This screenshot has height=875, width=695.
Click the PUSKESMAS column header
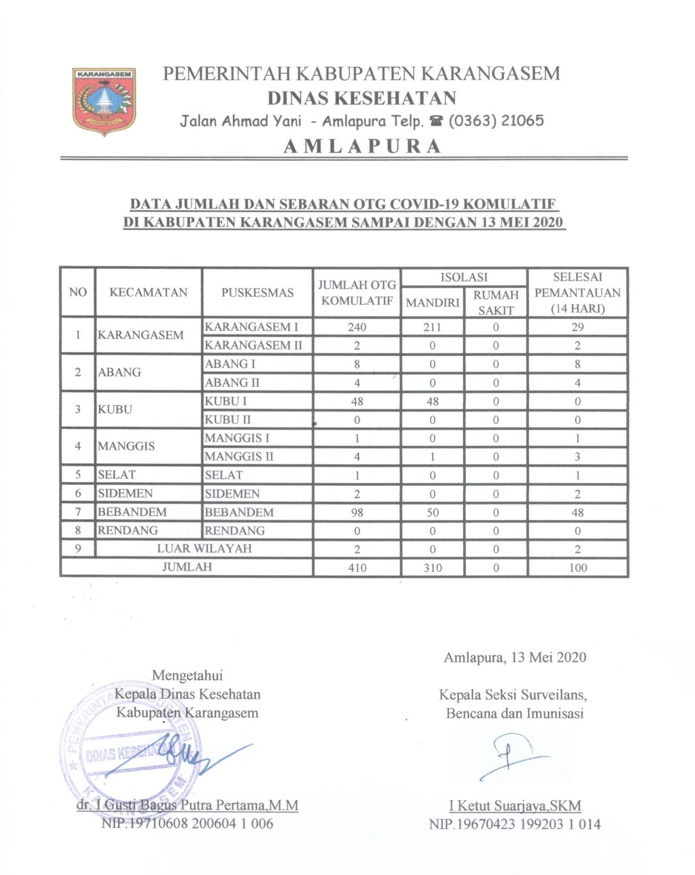257,293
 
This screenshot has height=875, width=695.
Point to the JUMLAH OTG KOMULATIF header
357,293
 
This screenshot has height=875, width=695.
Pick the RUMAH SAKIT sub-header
496,302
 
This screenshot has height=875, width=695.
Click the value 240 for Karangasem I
357,327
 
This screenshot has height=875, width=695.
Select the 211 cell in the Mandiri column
432,327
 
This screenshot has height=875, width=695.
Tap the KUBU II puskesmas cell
228,419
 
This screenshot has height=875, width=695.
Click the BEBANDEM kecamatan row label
132,512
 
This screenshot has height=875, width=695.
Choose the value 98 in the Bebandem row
357,512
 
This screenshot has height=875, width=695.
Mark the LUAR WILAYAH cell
204,548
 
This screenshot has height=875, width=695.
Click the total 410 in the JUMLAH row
357,568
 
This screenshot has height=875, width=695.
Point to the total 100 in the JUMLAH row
577,568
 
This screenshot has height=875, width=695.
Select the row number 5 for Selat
78,475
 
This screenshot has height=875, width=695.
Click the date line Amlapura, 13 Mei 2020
515,657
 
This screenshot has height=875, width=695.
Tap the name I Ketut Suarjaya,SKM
515,806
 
